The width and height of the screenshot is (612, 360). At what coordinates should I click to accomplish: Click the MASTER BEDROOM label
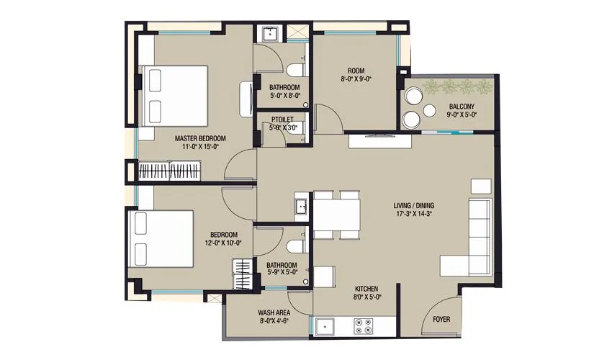(200, 138)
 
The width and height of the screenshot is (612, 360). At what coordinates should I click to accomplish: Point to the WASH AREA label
(274, 313)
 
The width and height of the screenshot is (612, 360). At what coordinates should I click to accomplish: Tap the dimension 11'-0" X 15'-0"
(200, 146)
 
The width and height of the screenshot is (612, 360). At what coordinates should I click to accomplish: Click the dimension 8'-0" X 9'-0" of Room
(356, 80)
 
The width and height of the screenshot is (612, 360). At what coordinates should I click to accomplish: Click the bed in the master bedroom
(174, 96)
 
